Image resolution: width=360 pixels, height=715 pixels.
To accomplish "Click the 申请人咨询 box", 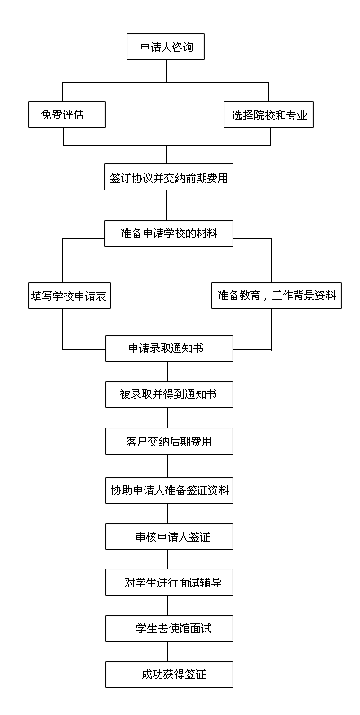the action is tap(165, 47).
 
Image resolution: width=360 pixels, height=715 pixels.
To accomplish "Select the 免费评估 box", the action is tap(67, 114).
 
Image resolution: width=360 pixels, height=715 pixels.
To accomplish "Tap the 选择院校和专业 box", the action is tap(269, 114).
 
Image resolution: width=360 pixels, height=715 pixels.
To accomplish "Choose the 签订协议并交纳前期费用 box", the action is tap(169, 177).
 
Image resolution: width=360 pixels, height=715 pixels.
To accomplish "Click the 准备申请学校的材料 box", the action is tap(169, 234).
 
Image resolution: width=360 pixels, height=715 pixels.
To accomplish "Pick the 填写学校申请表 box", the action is tap(68, 296).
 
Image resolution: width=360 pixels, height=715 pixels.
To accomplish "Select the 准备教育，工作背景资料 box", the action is tap(277, 296).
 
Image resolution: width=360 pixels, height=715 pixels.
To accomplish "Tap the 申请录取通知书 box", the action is tap(169, 349).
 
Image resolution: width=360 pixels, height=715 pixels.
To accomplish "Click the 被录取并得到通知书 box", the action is tap(169, 394).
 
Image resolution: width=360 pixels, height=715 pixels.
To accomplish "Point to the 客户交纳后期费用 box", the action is tap(169, 441).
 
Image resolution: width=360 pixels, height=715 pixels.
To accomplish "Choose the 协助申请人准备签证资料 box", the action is tap(169, 490).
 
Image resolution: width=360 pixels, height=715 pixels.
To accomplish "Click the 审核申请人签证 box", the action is tap(169, 536).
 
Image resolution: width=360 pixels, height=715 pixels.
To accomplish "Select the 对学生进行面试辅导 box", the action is tap(169, 582).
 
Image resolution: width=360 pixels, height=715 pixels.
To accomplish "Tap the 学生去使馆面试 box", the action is tap(169, 629).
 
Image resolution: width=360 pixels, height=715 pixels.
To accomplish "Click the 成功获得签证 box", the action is tap(169, 675).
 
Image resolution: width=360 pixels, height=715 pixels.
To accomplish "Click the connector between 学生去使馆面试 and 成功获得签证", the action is tap(167, 651).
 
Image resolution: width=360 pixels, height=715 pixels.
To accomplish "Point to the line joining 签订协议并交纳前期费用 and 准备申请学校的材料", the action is tap(166, 205).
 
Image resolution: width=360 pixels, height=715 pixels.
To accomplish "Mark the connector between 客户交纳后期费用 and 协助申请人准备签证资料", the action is tap(167, 465).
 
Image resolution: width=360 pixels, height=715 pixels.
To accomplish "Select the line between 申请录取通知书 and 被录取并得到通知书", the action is tap(167, 371).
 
